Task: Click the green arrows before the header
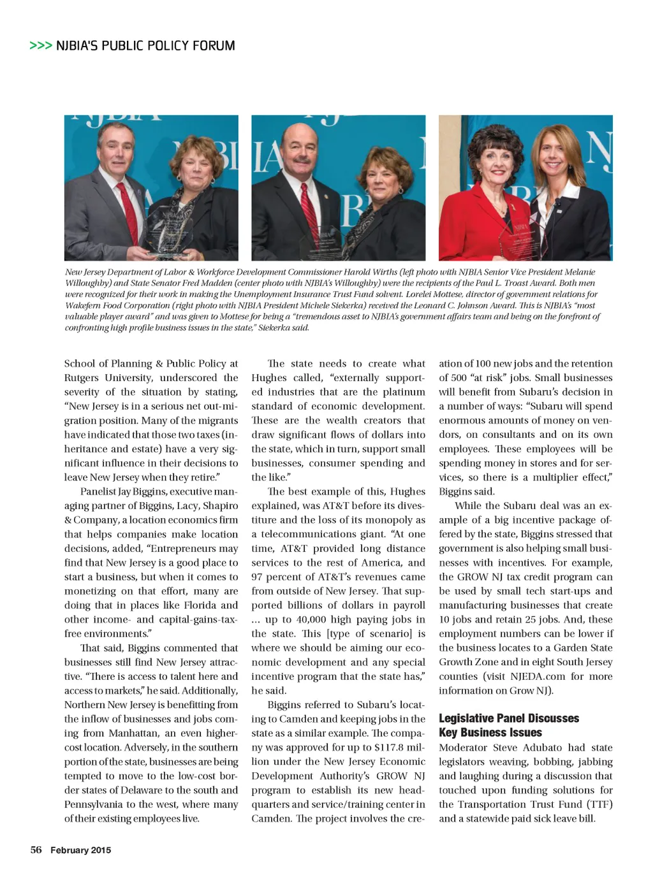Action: [x=40, y=46]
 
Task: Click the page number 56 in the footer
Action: [x=36, y=849]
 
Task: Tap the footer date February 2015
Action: [x=80, y=850]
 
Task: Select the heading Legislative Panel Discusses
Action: [x=508, y=718]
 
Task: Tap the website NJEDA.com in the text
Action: [x=536, y=676]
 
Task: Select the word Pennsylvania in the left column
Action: [x=92, y=804]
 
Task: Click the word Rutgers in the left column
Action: [x=82, y=378]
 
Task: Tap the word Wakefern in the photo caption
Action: [x=81, y=305]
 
